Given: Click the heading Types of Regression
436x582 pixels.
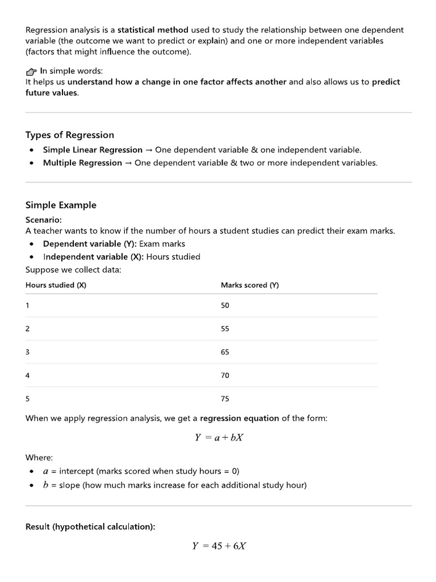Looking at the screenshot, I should tap(70, 135).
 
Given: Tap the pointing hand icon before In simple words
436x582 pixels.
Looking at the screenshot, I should tap(31, 72).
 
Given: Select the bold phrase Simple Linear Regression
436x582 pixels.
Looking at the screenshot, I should tap(93, 150).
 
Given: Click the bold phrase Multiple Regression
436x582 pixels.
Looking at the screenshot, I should tap(83, 163).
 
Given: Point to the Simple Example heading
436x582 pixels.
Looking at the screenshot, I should tap(61, 205).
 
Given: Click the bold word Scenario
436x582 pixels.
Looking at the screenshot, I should tap(44, 219).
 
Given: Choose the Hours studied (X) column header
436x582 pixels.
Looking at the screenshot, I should tap(56, 285).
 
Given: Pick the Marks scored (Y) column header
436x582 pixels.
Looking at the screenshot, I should tap(250, 285).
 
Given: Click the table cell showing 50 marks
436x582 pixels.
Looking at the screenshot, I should tap(225, 306).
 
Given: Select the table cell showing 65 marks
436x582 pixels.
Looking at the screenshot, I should tap(225, 352).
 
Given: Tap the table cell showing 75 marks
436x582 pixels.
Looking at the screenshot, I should tap(225, 399).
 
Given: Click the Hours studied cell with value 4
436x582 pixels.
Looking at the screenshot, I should tap(28, 376).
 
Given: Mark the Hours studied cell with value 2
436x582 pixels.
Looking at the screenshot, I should tap(28, 329).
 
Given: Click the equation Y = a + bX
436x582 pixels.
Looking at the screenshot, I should tap(219, 438).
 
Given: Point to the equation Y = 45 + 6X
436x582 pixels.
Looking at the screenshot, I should tap(219, 546).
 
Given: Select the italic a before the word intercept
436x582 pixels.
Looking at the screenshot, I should tap(45, 471).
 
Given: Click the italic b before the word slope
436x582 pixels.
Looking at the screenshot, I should tap(45, 485).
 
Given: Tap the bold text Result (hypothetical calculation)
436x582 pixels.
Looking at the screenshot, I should tap(90, 527).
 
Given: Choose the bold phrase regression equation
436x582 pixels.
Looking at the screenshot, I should tap(240, 418).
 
